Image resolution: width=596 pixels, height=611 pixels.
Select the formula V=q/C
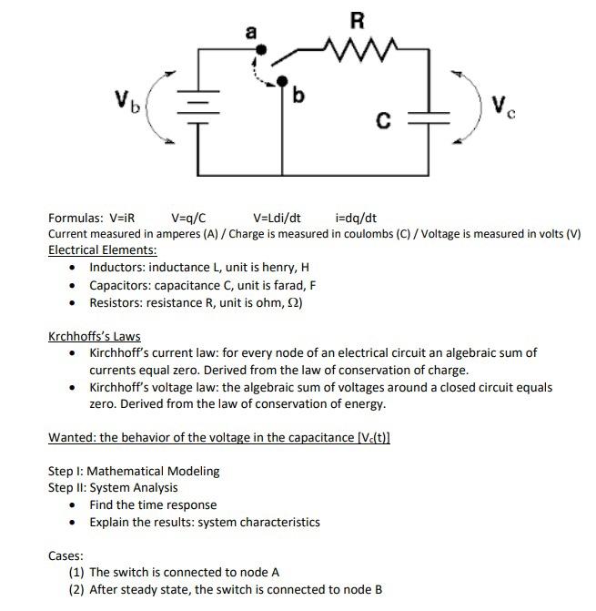tap(188, 219)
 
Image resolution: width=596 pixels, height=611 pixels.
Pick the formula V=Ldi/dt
tap(278, 219)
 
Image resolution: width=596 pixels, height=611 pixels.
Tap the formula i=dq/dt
tap(356, 219)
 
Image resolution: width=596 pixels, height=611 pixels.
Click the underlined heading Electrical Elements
tap(102, 249)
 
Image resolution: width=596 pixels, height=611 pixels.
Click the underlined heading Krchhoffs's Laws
tap(94, 336)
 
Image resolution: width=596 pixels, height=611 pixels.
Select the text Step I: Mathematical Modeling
tap(134, 471)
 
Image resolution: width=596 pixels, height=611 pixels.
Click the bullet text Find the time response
tap(153, 504)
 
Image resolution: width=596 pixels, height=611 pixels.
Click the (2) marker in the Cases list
tap(76, 589)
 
